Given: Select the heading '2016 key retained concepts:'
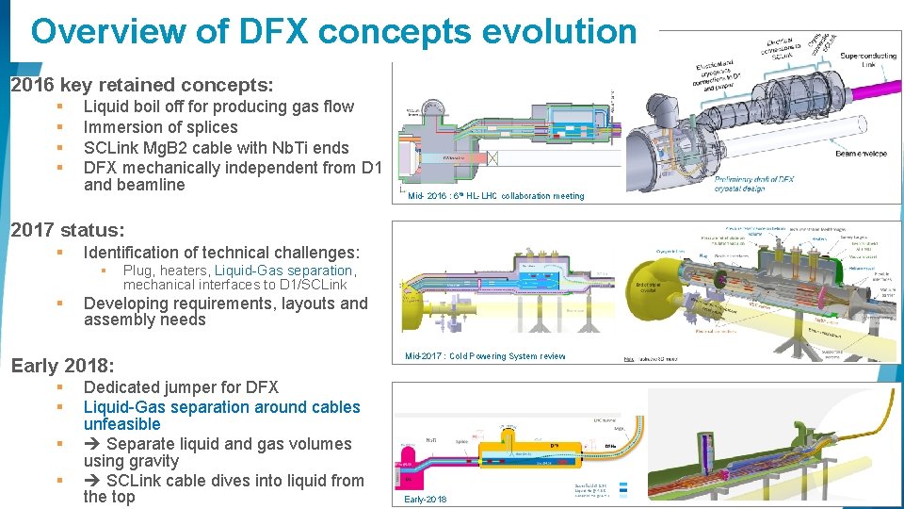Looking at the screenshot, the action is pos(142,85).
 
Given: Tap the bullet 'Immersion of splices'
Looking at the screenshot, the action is pos(160,127).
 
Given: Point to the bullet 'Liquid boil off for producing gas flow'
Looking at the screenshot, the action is pos(218,107).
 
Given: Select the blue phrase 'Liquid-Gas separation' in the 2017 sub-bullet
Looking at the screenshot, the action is pos(283,271).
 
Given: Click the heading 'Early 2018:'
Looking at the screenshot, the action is pos(62,366).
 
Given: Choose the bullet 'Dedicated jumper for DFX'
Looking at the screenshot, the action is pos(181,387).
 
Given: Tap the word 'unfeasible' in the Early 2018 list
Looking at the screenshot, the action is pos(121,424).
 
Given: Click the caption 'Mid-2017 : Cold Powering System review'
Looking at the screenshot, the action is pos(485,356).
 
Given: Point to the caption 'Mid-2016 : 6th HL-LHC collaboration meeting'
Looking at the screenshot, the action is pos(495,196).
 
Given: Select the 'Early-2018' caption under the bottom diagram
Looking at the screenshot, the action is pos(425,499).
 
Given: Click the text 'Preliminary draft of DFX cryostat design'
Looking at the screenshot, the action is pos(753,183).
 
